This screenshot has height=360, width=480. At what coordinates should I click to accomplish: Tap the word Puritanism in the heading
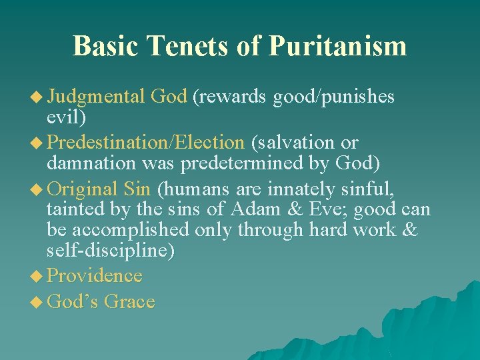click(337, 46)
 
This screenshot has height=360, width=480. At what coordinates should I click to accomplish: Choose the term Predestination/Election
click(146, 143)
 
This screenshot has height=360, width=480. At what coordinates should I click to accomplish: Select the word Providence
click(95, 276)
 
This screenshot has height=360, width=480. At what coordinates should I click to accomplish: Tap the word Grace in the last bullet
click(129, 302)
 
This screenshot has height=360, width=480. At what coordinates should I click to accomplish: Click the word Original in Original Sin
click(83, 189)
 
